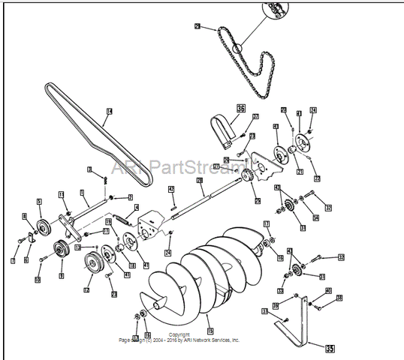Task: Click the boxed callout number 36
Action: pos(241,108)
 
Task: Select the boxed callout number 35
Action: pos(329,348)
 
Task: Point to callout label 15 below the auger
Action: pos(210,330)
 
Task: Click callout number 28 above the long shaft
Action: pos(200,181)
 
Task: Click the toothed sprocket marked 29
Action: pos(245,178)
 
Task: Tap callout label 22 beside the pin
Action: pos(317,178)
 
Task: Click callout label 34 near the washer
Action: pos(315,218)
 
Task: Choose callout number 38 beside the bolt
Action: pos(339,298)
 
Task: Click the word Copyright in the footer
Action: pos(179,334)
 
